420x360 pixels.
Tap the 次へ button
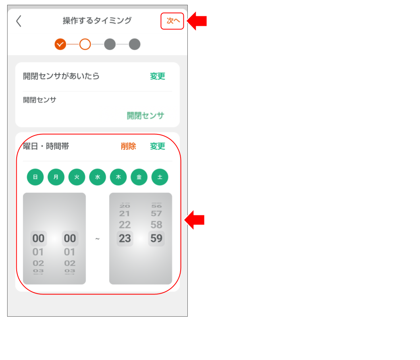coord(172,21)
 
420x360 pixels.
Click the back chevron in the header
coord(19,21)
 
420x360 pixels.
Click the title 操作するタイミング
coord(97,21)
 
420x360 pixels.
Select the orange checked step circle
coord(60,44)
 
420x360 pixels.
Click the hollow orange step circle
coord(85,44)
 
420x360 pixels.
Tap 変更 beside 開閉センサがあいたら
coord(157,76)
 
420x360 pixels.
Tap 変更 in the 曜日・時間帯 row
coord(157,146)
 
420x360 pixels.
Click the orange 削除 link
coord(128,146)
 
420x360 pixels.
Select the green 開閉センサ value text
coord(145,116)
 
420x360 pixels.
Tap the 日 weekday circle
coord(35,177)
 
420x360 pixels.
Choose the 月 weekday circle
coord(56,177)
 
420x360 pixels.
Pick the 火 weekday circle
coord(77,177)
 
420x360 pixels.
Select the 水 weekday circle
coord(98,177)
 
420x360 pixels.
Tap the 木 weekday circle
coord(118,177)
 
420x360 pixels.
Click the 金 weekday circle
coord(139,177)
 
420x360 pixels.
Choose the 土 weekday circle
coord(160,177)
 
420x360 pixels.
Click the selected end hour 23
coord(125,238)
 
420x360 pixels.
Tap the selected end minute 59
coord(156,238)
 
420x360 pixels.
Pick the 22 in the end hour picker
coord(125,225)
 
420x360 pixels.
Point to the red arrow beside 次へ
coord(197,21)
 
